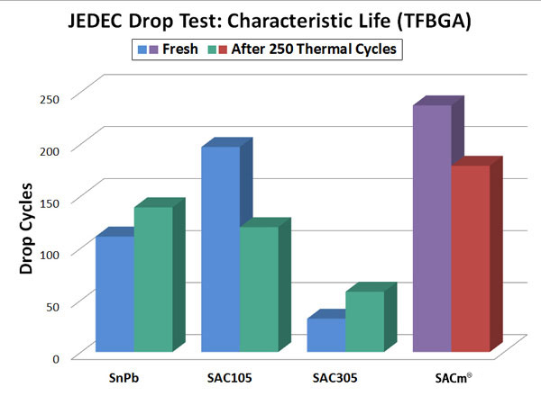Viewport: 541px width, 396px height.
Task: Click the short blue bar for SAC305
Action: coord(326,335)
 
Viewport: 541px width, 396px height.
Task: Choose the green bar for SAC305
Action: coord(364,321)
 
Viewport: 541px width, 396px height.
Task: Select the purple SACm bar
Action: coord(431,229)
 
